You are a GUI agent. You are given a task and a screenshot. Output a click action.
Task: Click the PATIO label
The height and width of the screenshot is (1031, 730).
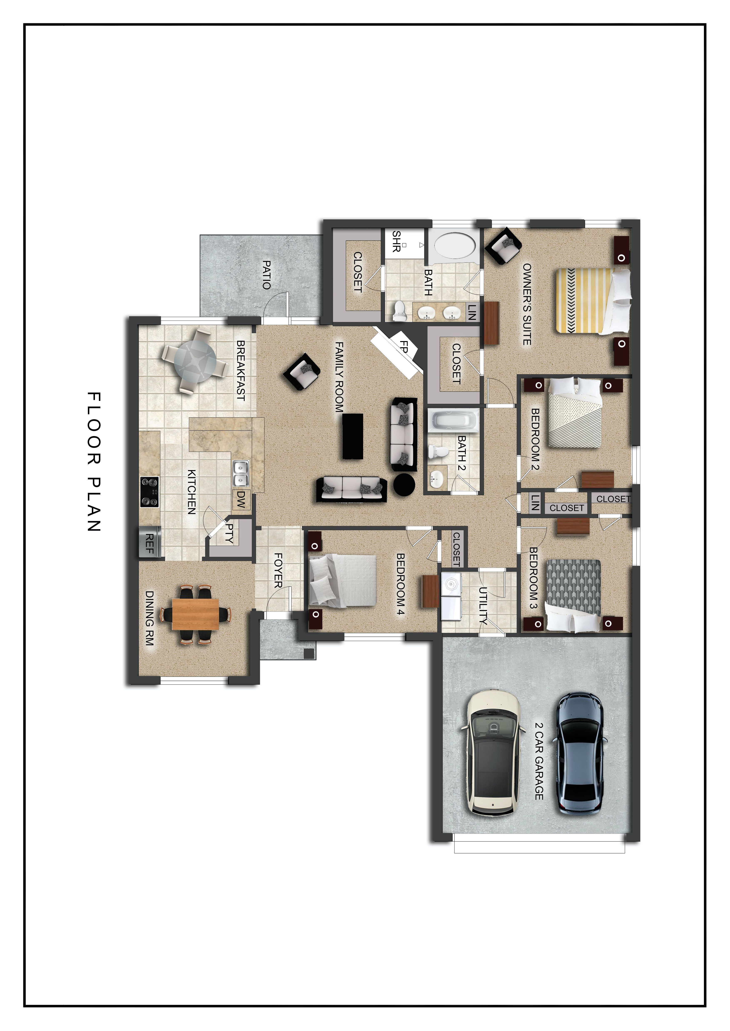click(x=266, y=275)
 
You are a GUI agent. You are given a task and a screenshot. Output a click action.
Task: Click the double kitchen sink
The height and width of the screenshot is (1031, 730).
click(x=241, y=474)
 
